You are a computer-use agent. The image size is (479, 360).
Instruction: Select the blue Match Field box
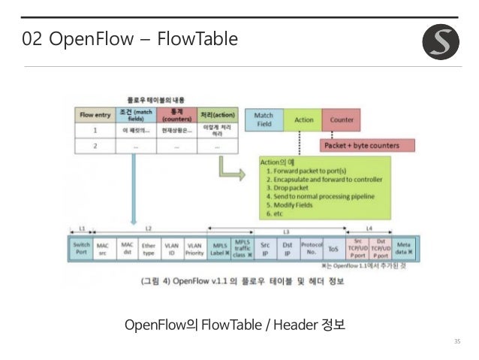[264, 119]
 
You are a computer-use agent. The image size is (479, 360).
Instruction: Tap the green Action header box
[303, 119]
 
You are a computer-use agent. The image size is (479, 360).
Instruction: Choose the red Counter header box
[342, 119]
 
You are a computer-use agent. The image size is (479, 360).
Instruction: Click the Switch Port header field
[82, 249]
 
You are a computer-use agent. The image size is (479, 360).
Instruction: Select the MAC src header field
[103, 249]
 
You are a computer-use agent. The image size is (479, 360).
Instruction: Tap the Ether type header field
[149, 249]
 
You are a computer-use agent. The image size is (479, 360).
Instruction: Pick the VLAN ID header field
[172, 249]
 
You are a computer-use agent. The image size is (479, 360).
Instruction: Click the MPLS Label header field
[218, 249]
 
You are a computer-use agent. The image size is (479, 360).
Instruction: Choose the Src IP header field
[265, 249]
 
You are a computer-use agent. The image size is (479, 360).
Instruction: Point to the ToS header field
[333, 249]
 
